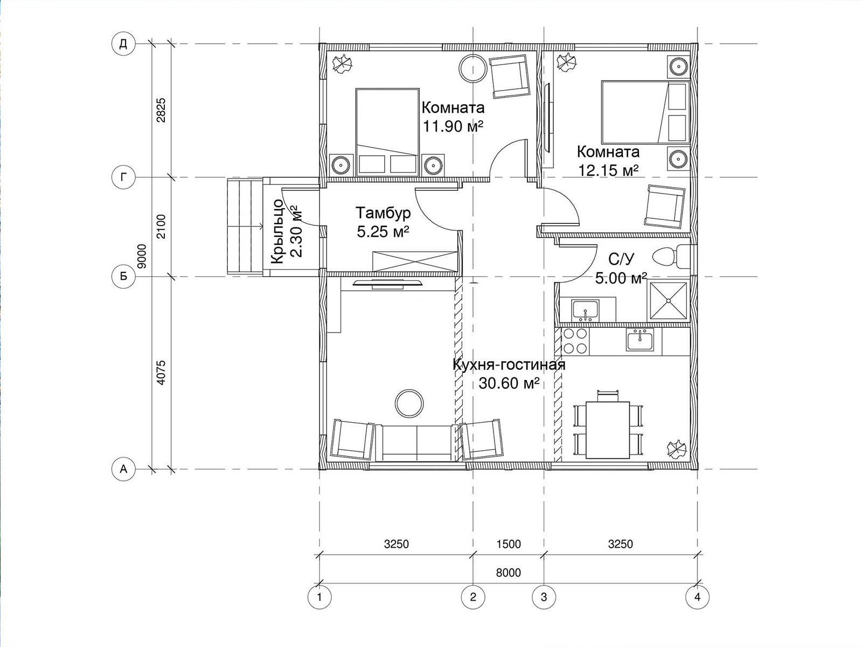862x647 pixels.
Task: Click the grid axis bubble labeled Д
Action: pos(123,44)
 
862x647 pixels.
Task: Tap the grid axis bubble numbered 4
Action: pos(697,597)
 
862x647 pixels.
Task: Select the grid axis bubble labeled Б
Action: pos(123,276)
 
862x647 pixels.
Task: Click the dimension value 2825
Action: pos(161,111)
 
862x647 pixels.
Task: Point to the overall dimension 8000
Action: pos(508,573)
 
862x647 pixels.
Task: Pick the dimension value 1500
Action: pos(508,544)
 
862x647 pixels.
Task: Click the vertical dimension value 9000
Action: pos(142,256)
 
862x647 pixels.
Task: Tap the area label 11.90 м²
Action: pos(453,127)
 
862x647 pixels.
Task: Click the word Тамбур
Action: pos(383,213)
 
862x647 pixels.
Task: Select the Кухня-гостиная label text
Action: pos(509,365)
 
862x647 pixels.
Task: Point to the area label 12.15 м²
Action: pos(608,170)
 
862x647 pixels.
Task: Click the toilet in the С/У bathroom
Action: pos(671,257)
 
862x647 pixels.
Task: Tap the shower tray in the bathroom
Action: pos(669,300)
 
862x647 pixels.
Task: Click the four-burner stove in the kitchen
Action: pos(575,341)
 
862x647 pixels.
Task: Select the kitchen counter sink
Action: pos(640,340)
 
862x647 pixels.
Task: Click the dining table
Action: pos(608,430)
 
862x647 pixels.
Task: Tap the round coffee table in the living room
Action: pos(409,403)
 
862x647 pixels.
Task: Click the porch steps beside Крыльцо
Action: pos(245,226)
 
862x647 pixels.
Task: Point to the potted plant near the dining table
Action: pos(677,448)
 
